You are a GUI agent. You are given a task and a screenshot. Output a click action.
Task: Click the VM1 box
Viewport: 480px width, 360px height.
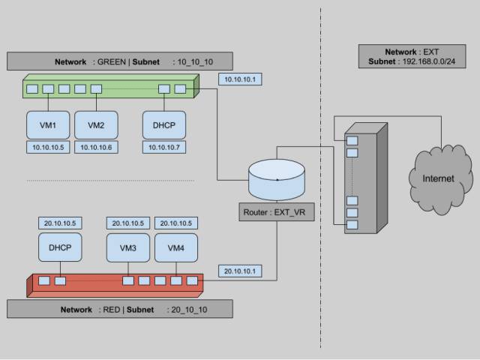[x=48, y=125]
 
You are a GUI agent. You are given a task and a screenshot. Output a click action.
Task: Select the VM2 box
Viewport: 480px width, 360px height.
[x=96, y=125]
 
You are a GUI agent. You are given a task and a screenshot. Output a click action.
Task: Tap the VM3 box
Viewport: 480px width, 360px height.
[x=128, y=247]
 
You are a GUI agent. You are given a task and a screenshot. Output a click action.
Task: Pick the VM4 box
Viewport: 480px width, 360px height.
[x=176, y=247]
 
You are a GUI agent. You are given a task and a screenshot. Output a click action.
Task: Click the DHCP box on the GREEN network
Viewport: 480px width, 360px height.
[x=164, y=125]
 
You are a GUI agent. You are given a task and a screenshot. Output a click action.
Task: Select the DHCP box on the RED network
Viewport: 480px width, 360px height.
[x=60, y=247]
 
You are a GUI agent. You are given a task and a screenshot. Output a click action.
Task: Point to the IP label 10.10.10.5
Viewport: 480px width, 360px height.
[x=48, y=147]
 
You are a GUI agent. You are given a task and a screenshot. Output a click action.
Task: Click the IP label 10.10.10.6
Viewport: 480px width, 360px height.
[x=96, y=147]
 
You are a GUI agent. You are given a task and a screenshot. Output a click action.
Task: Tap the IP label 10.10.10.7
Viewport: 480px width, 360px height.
[x=164, y=147]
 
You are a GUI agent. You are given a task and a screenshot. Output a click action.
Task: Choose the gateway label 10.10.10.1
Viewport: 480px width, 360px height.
[x=240, y=79]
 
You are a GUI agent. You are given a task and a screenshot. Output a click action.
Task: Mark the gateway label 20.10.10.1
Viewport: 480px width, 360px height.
[x=240, y=271]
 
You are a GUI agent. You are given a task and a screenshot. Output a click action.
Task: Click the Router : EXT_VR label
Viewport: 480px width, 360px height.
[x=277, y=211]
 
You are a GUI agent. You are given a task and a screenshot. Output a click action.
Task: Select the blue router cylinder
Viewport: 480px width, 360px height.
[x=277, y=180]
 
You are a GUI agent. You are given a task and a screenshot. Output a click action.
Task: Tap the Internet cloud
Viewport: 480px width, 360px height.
[x=438, y=179]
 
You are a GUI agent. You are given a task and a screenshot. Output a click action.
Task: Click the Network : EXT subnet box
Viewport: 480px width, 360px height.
[x=412, y=56]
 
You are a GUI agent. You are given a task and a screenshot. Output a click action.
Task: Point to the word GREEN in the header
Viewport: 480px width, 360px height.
[x=112, y=61]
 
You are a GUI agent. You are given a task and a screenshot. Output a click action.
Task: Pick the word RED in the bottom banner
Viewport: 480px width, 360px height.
[x=112, y=310]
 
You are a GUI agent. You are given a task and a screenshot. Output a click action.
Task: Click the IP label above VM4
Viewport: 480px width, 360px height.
[x=176, y=223]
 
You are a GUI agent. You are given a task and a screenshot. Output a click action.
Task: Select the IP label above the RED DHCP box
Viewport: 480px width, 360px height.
[x=60, y=223]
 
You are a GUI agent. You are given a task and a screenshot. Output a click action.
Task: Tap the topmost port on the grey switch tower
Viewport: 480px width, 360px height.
[x=352, y=141]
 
